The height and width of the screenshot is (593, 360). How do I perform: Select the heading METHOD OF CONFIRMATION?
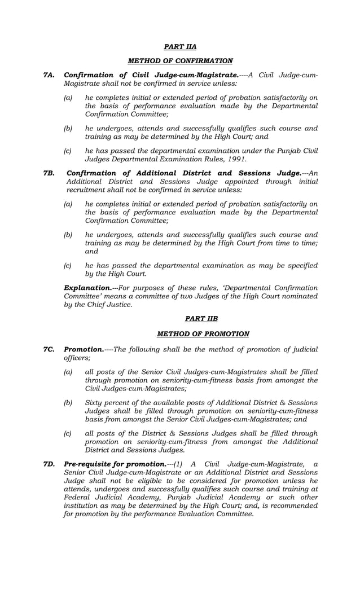click(x=180, y=61)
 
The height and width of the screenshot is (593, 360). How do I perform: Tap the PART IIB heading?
click(x=203, y=319)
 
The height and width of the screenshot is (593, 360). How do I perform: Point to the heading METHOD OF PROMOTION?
click(x=203, y=334)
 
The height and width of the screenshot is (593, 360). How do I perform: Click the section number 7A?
click(x=49, y=76)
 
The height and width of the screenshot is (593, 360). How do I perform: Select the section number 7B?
click(x=49, y=173)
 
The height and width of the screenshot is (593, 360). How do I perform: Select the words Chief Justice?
click(x=112, y=304)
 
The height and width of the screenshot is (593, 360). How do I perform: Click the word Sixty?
click(x=94, y=402)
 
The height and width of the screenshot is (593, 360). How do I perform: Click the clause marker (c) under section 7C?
click(x=68, y=433)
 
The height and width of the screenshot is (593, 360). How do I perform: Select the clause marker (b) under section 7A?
click(x=68, y=128)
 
